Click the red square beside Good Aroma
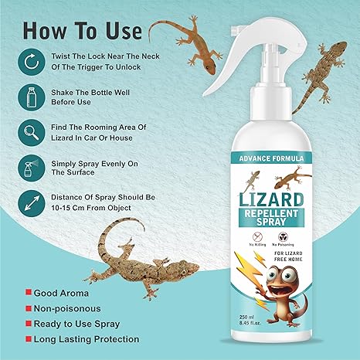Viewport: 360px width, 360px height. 28,293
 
